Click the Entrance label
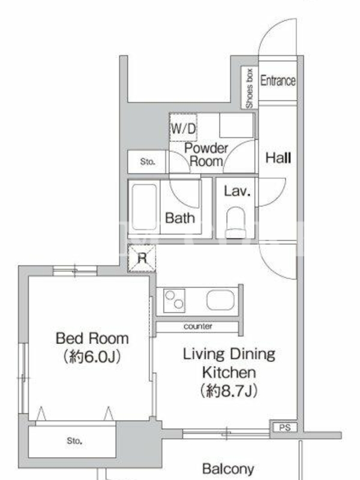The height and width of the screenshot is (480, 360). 278,81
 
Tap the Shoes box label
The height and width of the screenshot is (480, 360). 250,88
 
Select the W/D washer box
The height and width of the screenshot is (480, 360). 183,127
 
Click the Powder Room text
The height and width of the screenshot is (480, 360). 206,155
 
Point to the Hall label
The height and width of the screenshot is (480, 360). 278,158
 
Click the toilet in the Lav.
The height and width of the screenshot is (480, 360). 236,223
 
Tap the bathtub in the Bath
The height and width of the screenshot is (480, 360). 144,207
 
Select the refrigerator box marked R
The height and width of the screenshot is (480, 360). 142,259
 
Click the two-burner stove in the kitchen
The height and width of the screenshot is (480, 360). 174,301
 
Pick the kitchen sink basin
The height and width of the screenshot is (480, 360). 220,300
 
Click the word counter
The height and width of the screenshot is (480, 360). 198,326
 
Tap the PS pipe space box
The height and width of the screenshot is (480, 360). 284,427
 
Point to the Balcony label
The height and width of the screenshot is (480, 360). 228,469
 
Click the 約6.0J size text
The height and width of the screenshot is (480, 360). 92,356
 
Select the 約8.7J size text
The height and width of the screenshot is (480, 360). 229,391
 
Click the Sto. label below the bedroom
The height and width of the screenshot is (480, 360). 74,441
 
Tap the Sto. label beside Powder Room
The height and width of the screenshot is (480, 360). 148,161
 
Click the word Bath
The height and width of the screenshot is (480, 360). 180,218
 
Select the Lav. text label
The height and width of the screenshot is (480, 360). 237,191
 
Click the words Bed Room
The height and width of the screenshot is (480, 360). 92,338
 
